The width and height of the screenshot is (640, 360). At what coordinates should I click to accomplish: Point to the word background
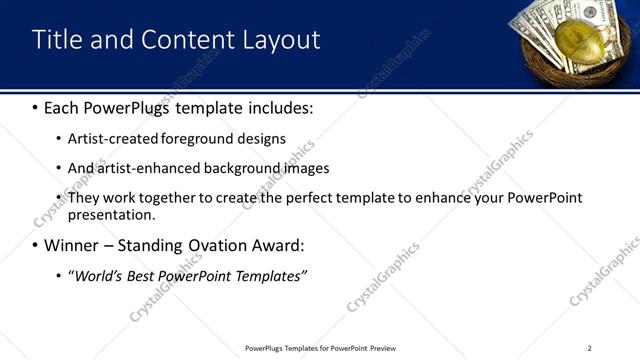[x=239, y=168]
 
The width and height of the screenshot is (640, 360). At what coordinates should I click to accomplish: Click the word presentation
[x=111, y=215]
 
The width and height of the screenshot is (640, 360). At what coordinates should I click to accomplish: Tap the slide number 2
[x=589, y=348]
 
